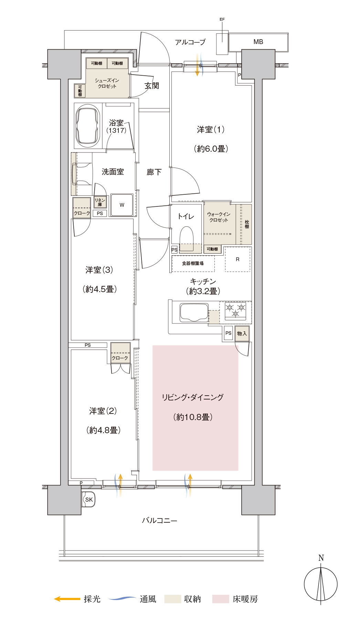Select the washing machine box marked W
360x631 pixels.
tap(122, 205)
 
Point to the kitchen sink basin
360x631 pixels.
tap(194, 312)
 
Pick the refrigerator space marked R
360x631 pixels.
tap(237, 259)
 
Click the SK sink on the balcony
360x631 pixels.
tap(89, 500)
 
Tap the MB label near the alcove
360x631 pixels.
tap(258, 42)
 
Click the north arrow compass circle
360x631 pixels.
tap(321, 584)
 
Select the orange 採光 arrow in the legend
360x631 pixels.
tap(67, 599)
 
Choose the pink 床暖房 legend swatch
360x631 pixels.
tap(221, 599)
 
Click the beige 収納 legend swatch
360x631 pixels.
tap(172, 599)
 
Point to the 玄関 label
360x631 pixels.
tap(152, 86)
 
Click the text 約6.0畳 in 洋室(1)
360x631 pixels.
tap(211, 149)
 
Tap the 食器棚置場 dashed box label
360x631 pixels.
tap(193, 264)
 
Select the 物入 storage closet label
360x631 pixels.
tap(242, 333)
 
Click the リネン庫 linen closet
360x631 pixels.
tap(100, 202)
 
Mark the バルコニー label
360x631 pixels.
tap(160, 521)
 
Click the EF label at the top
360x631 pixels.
tap(222, 19)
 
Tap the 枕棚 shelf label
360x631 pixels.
tap(247, 224)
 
